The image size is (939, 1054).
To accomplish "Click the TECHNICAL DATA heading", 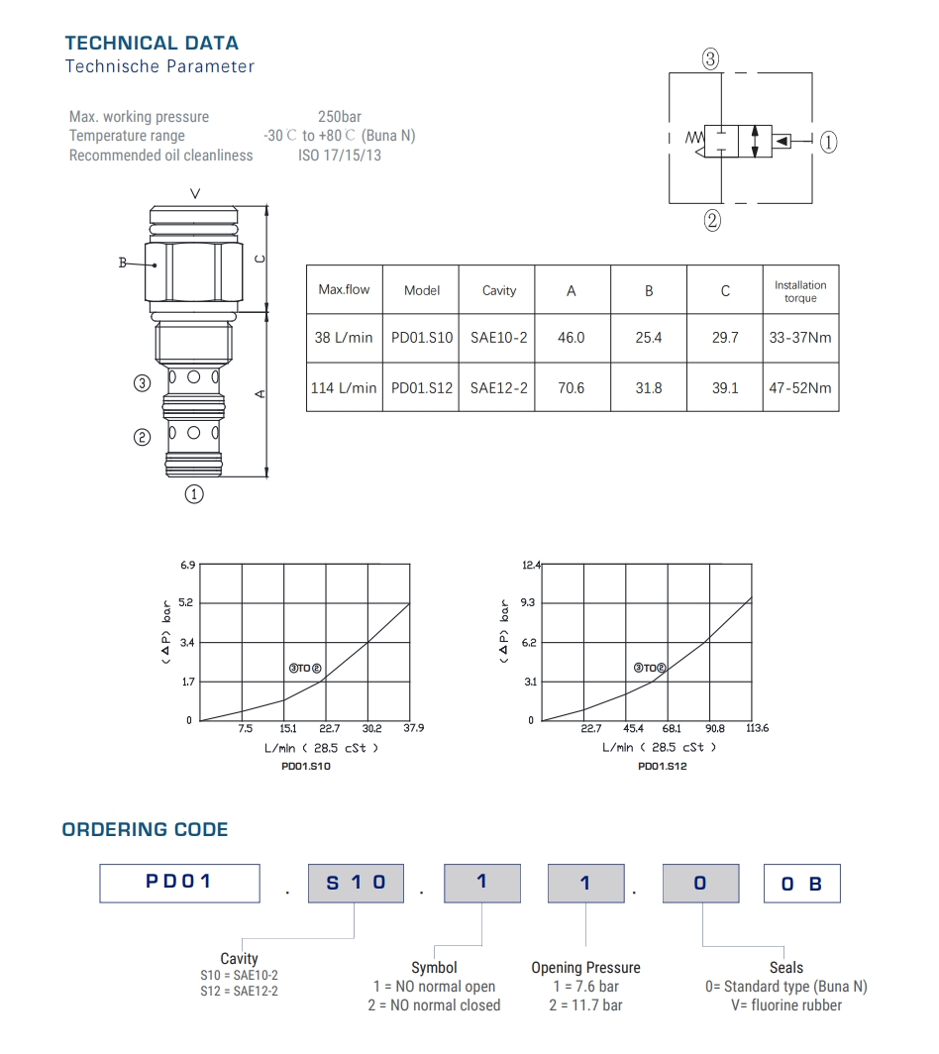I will coord(152,43).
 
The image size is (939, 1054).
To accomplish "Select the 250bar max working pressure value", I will coord(339,117).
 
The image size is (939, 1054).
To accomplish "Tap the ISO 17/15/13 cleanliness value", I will coord(340,156).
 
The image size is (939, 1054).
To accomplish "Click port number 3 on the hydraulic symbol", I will coord(710,59).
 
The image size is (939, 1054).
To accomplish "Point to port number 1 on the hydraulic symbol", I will coord(828,142).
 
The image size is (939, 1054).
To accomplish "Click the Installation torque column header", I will coord(800,291).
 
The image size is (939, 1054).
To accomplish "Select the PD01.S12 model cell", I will coord(422,388).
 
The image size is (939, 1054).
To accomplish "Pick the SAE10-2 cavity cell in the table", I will coord(498,338).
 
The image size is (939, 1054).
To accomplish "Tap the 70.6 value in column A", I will coord(572,388).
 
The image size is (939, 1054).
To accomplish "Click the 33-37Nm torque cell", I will coord(800,338).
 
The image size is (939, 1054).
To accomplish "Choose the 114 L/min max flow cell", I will coord(344,388).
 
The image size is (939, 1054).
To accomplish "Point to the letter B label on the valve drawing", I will coord(124,263).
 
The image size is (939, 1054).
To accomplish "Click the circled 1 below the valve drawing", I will coord(195,492).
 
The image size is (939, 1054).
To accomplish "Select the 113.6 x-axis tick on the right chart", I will coord(756,729).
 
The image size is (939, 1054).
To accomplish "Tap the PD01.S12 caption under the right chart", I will coord(663,767).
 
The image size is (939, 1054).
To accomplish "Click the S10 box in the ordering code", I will coord(356,883).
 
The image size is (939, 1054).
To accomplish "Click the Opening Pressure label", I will coord(585,968).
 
